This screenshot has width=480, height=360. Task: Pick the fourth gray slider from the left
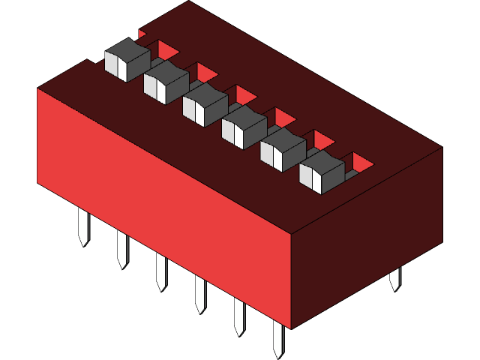pyautogui.click(x=244, y=121)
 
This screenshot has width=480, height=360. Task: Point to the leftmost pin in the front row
pyautogui.click(x=82, y=226)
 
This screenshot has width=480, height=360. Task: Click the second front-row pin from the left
pyautogui.click(x=121, y=249)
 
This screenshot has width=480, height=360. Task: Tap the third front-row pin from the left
pyautogui.click(x=160, y=271)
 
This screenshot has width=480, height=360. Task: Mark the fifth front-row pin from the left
pyautogui.click(x=239, y=316)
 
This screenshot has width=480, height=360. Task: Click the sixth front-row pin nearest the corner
pyautogui.click(x=278, y=340)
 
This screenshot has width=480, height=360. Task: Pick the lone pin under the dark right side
pyautogui.click(x=395, y=277)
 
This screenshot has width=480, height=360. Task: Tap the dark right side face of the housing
pyautogui.click(x=367, y=240)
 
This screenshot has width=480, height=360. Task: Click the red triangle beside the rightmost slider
pyautogui.click(x=361, y=162)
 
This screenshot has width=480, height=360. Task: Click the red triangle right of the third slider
pyautogui.click(x=244, y=94)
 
